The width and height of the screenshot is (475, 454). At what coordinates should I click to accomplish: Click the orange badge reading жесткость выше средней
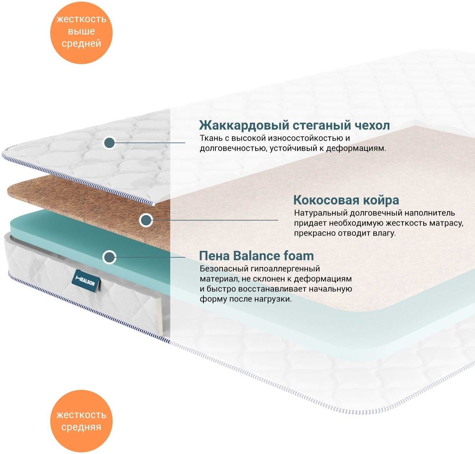pyautogui.click(x=81, y=33)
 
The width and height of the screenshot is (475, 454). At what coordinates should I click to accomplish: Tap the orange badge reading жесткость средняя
pyautogui.click(x=81, y=421)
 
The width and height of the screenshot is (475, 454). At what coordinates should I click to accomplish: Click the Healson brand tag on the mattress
pyautogui.click(x=86, y=281)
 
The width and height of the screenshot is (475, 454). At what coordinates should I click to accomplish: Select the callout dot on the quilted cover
pyautogui.click(x=109, y=143)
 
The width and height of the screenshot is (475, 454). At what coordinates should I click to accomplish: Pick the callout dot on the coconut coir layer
pyautogui.click(x=146, y=220)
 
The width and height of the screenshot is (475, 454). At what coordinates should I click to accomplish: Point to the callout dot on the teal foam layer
pyautogui.click(x=109, y=257)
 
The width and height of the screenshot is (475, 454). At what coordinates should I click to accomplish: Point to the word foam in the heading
pyautogui.click(x=299, y=256)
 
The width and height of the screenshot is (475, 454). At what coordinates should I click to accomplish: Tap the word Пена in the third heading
pyautogui.click(x=214, y=256)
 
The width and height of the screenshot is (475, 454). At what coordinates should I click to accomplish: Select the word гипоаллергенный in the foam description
pyautogui.click(x=285, y=269)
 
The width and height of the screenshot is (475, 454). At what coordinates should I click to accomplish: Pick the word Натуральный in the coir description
pyautogui.click(x=321, y=213)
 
